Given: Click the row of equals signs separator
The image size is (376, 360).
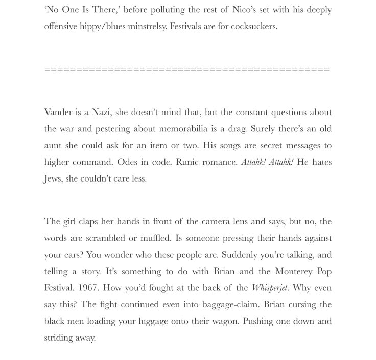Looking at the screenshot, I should [187, 69].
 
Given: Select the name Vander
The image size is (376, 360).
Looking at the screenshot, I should [58, 112].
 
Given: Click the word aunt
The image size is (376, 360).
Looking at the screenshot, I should [54, 145].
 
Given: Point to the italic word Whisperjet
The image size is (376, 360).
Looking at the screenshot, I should [270, 288].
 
